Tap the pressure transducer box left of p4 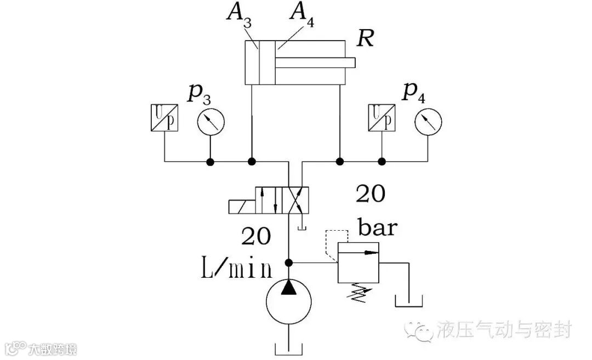tap(382, 118)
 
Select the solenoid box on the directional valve tap(241, 206)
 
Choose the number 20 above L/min tap(255, 236)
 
